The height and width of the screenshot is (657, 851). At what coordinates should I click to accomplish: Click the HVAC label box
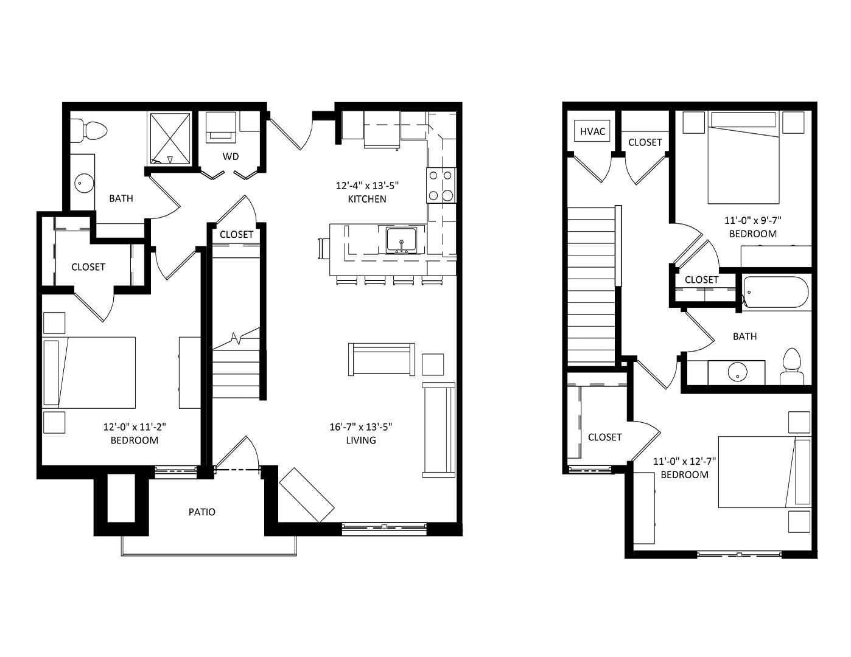point(592,131)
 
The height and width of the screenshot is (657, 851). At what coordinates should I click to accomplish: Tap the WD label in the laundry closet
point(231,156)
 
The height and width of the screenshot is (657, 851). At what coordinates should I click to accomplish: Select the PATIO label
point(201,512)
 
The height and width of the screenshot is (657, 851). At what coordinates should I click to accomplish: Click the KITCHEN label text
point(367,199)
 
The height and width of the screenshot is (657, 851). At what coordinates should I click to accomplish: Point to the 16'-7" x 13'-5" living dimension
point(361,427)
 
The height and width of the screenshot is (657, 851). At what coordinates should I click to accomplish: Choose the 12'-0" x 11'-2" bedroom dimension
point(135,427)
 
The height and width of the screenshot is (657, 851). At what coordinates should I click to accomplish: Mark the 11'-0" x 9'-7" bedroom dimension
point(753,220)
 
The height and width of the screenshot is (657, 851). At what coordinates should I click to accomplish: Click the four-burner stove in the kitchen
point(441,185)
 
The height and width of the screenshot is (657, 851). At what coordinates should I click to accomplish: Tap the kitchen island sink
point(401,240)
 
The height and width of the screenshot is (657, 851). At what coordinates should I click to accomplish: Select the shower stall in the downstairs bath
point(170,139)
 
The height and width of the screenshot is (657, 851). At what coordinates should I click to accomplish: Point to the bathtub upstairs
point(775,293)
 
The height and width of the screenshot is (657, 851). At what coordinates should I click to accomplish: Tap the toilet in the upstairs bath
point(792,367)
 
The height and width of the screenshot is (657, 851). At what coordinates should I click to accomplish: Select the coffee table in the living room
point(382,360)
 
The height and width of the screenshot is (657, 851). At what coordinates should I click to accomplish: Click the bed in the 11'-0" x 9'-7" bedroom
point(743,158)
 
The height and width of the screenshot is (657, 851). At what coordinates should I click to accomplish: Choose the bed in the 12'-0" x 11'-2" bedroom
point(89,372)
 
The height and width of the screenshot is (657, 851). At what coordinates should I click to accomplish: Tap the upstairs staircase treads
point(591,287)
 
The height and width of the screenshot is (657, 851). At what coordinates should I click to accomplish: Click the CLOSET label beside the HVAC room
point(645,142)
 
